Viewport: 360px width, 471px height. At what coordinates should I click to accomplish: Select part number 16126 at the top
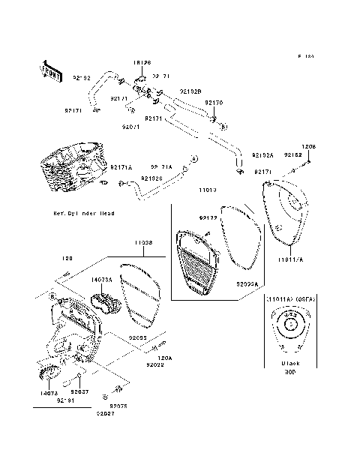142,63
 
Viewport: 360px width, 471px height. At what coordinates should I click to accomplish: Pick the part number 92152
292,154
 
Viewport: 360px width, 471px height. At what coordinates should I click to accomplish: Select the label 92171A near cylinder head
121,167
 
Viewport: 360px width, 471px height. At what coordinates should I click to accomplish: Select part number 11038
145,243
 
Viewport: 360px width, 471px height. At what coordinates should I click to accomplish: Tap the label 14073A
101,279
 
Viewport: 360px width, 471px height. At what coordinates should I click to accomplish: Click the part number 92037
79,391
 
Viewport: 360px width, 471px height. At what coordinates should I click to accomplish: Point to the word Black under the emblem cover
290,363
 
